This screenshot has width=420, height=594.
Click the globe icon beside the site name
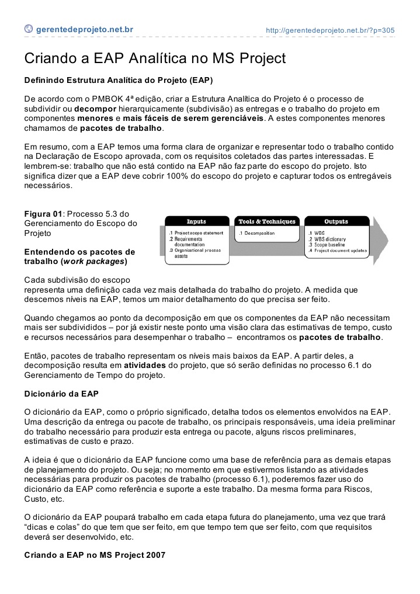point(29,29)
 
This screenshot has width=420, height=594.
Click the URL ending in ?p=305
point(330,29)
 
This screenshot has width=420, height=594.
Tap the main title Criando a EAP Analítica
point(155,59)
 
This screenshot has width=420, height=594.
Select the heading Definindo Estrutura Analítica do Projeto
point(118,79)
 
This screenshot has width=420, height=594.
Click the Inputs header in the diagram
point(196,221)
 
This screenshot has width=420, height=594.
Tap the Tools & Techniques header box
point(267,221)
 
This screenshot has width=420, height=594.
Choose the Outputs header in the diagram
point(336,221)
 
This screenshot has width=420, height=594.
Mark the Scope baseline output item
point(329,245)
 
